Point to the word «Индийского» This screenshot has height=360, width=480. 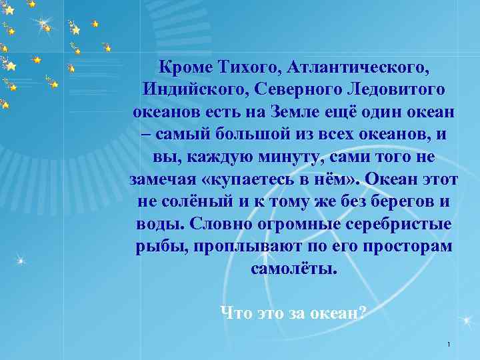click(x=187, y=89)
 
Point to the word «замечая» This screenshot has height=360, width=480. click(x=161, y=179)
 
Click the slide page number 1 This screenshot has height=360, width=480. click(x=449, y=345)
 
